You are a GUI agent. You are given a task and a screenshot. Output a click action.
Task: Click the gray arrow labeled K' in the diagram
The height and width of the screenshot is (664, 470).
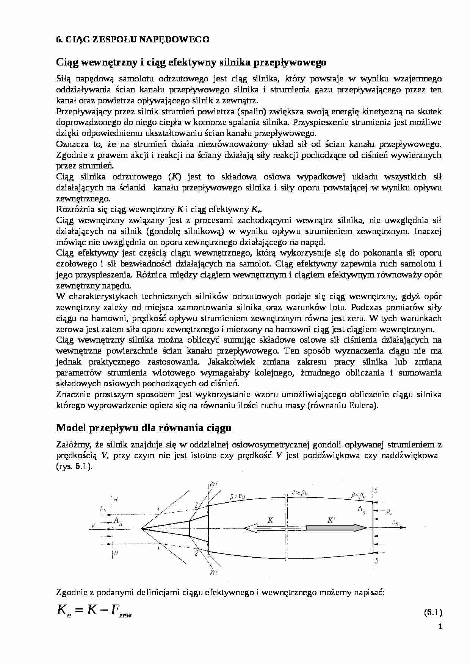pyautogui.click(x=335, y=527)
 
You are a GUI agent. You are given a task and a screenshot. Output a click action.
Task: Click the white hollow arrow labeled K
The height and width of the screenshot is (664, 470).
pyautogui.click(x=265, y=527)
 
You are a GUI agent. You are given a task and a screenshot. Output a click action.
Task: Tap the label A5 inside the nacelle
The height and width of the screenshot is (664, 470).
pyautogui.click(x=361, y=509)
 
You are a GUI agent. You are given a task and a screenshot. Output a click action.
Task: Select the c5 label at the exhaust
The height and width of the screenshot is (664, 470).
pyautogui.click(x=395, y=523)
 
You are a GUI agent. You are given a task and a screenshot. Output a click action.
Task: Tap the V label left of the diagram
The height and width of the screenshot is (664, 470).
pyautogui.click(x=93, y=525)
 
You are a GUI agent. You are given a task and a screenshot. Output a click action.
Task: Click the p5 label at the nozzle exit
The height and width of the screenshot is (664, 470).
pyautogui.click(x=389, y=512)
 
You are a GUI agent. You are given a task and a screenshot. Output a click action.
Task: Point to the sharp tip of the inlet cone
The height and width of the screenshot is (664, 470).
pyautogui.click(x=141, y=528)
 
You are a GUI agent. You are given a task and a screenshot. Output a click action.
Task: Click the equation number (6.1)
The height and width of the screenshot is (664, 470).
pyautogui.click(x=432, y=613)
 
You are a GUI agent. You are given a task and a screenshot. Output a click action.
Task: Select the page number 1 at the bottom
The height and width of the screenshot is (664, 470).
pyautogui.click(x=440, y=627)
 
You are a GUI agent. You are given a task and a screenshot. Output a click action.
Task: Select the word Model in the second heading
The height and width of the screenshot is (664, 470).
pyautogui.click(x=70, y=428)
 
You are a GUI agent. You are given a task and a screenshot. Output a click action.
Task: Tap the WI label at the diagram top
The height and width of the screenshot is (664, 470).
pyautogui.click(x=213, y=485)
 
